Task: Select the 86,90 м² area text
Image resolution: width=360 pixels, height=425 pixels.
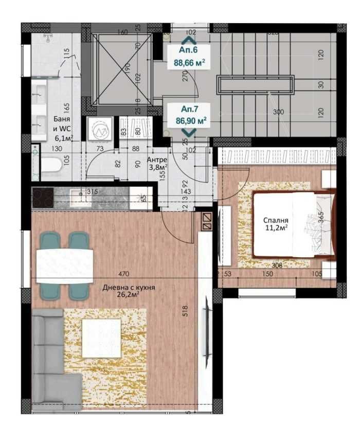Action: pyautogui.click(x=191, y=120)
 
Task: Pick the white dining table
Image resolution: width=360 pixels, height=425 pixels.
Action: pyautogui.click(x=64, y=265)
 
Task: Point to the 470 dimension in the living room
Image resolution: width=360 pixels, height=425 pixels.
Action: pyautogui.click(x=122, y=273)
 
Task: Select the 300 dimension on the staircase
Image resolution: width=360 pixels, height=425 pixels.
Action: pyautogui.click(x=278, y=112)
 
